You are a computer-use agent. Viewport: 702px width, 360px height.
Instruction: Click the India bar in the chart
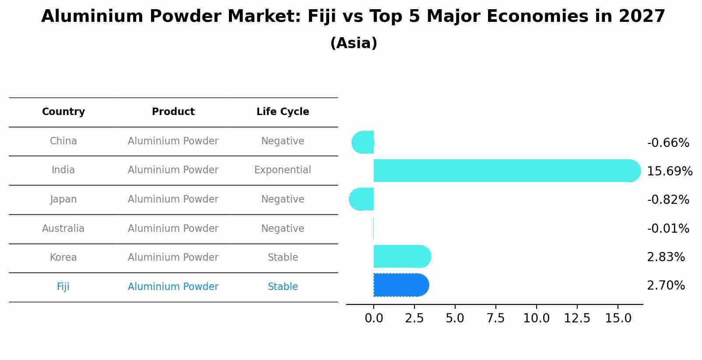point(503,171)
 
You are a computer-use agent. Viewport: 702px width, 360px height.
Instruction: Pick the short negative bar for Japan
point(362,199)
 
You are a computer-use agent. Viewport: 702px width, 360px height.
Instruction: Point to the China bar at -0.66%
point(363,142)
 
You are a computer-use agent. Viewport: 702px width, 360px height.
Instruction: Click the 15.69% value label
point(669,171)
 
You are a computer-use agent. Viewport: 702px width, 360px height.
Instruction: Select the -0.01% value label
point(668,228)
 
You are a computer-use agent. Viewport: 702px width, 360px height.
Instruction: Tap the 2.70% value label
point(666,286)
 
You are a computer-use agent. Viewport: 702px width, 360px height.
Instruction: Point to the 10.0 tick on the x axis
point(536,318)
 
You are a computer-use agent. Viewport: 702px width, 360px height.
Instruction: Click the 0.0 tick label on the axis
point(374,318)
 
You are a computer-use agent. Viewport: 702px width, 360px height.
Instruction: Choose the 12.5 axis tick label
point(577,318)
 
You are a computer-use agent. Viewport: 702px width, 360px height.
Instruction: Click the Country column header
point(63,112)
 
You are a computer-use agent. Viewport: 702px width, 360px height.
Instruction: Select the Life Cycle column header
point(283,112)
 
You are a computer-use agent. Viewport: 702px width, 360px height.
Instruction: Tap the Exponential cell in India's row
point(283,170)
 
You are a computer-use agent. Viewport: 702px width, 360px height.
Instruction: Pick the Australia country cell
point(63,228)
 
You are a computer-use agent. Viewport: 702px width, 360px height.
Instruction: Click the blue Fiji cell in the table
point(63,287)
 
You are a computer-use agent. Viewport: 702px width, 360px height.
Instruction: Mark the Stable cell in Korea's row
point(283,257)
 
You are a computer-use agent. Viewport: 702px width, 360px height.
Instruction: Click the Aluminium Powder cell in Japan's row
point(173,199)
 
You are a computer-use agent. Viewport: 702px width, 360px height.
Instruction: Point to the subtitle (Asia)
point(354,43)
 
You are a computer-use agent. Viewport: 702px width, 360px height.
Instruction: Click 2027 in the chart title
point(642,17)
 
